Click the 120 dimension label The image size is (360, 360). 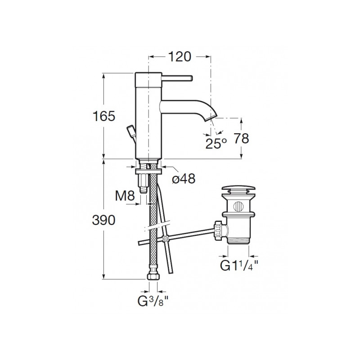180,57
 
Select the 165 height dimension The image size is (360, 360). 103,116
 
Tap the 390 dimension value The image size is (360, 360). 103,220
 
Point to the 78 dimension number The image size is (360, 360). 241,139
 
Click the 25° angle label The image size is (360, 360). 216,144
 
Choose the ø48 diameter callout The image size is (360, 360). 184,178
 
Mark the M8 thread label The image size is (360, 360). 125,196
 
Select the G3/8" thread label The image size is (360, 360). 153,301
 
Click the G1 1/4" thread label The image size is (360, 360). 239,265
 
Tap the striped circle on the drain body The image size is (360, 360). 238,207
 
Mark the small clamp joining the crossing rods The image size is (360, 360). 164,238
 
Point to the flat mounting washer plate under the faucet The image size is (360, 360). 149,171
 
